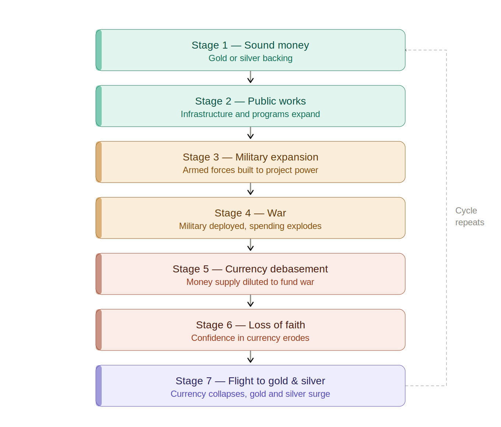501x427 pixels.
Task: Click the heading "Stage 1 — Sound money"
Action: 250,45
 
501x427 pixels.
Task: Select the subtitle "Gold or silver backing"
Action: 250,58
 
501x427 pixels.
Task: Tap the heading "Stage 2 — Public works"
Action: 250,101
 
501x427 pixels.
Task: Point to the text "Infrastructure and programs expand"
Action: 250,114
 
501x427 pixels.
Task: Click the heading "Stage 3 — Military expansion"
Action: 250,157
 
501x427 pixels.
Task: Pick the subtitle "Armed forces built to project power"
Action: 250,170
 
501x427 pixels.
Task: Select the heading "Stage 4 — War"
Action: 250,213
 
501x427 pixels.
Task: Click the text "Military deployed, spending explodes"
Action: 250,226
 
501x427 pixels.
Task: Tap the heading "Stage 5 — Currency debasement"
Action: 250,269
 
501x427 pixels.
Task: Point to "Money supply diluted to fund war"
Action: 250,282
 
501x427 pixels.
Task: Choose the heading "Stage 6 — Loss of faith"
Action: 250,325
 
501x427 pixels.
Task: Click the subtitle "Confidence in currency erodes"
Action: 250,338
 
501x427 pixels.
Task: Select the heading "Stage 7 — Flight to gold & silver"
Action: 250,381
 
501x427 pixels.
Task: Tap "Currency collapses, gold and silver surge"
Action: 250,394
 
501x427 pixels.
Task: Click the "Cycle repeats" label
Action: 469,216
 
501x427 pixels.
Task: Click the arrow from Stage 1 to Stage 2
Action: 251,77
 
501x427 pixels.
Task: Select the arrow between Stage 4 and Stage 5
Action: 251,245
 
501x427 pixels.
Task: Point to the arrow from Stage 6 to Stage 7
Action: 251,357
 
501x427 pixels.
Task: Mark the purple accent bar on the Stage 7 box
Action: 99,386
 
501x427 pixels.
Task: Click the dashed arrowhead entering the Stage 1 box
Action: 406,50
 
